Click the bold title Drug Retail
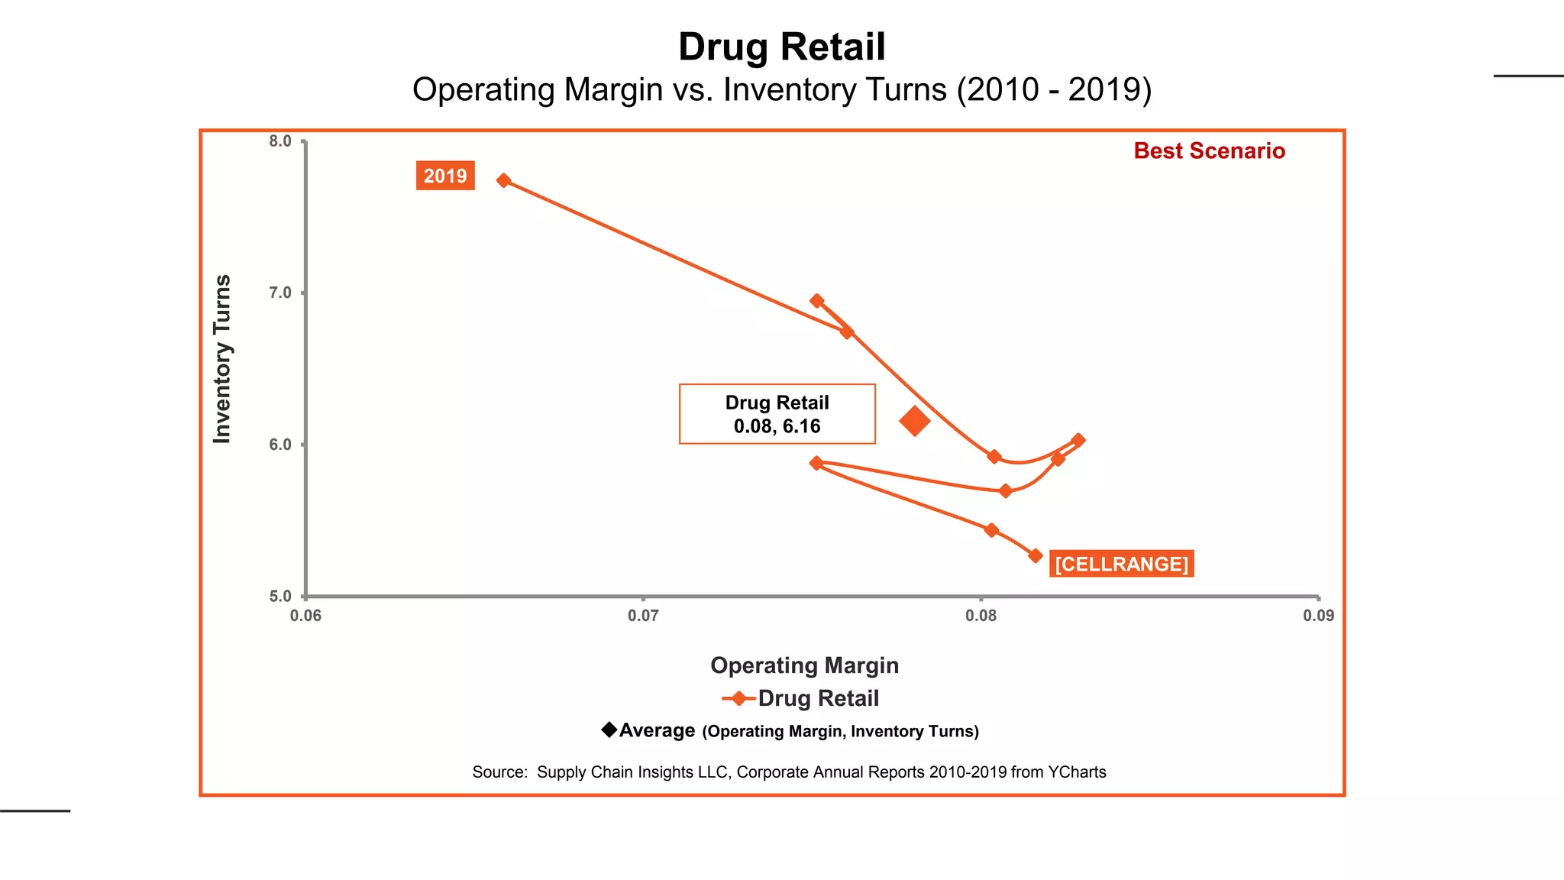point(781,47)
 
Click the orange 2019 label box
point(445,176)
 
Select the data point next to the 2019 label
point(503,180)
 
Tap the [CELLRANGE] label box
point(1121,564)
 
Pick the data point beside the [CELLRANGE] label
point(1036,555)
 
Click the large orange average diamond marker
point(914,420)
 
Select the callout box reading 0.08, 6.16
point(777,414)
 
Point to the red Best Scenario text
point(1209,151)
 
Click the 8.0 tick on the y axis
point(280,141)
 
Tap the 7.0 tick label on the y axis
point(280,293)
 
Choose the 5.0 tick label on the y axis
point(280,597)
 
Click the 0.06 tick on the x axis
point(305,616)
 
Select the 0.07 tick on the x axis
point(643,616)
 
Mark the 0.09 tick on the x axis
point(1318,616)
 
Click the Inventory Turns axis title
point(221,359)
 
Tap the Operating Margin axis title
point(804,665)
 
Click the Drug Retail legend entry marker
point(738,698)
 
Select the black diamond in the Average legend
point(609,730)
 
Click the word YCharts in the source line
point(1077,772)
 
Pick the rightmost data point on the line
point(1078,440)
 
